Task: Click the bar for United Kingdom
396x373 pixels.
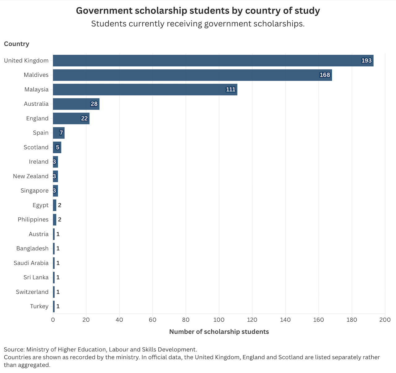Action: tap(213, 61)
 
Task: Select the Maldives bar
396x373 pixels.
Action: tap(192, 75)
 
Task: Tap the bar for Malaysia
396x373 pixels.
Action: tap(145, 90)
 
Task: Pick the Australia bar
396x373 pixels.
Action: tap(76, 104)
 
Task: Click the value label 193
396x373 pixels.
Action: tap(366, 61)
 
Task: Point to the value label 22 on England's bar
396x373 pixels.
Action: tap(84, 118)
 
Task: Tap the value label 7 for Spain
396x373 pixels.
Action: tap(61, 133)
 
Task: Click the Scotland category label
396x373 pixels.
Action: tap(36, 147)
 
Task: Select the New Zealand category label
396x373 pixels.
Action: tap(31, 176)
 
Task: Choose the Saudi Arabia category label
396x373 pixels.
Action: tap(31, 263)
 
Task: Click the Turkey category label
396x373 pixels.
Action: tap(39, 306)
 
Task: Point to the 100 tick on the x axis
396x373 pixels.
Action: tap(219, 320)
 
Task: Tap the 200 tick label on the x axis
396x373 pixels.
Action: tap(385, 320)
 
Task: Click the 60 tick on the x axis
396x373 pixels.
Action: tap(153, 320)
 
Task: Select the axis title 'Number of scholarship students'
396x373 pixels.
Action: tap(219, 332)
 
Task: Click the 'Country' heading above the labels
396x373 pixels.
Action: tap(16, 44)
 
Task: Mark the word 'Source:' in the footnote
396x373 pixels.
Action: tap(14, 350)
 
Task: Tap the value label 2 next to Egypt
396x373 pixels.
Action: tap(60, 205)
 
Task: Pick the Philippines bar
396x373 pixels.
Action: tap(54, 220)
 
